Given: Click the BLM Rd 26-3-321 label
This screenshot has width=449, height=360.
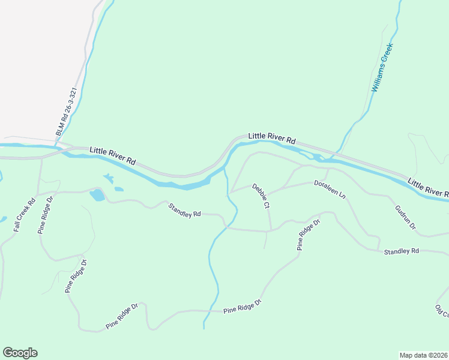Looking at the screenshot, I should tap(65, 112).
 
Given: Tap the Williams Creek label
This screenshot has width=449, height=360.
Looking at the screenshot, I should tap(382, 67).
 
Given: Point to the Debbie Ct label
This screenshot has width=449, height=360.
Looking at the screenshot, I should tap(261, 196).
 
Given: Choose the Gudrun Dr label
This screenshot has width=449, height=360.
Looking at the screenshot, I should tap(405, 220).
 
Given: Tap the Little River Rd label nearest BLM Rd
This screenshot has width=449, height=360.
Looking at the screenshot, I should tap(112, 156).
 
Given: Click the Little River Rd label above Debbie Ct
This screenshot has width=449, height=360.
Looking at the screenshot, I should tap(272, 138).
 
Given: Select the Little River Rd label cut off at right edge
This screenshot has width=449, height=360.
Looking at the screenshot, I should tap(427, 187).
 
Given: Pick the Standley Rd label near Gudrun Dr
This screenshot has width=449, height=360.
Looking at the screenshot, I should tap(401, 251).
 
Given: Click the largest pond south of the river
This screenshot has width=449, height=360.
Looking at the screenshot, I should tap(97, 195).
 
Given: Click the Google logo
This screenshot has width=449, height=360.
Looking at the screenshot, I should tap(20, 352).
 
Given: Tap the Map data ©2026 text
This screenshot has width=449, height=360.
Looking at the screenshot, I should tap(423, 355).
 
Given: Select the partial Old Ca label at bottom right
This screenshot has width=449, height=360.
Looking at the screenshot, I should tap(442, 311).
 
